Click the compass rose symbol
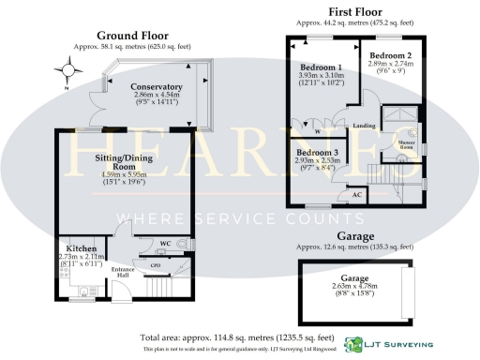[x=68, y=69]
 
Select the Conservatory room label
[x=157, y=86]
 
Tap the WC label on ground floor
[x=164, y=244]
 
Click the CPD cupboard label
[x=156, y=265]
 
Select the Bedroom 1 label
[x=320, y=68]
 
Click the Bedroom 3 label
[x=317, y=152]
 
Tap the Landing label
[x=364, y=126]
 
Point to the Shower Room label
[x=408, y=144]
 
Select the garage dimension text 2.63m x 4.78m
[x=346, y=285]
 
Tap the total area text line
[x=239, y=336]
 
